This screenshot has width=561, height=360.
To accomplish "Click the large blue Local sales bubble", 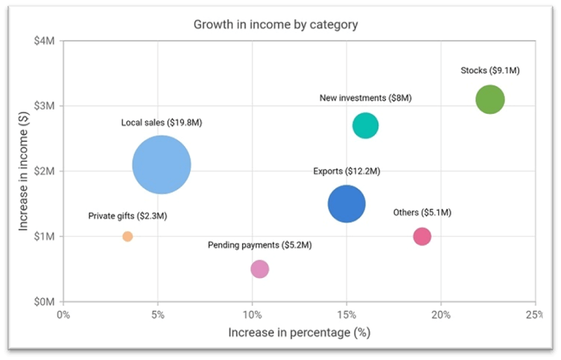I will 162,165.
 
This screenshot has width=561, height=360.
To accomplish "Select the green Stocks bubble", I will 490,99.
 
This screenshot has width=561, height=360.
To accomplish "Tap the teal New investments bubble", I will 365,126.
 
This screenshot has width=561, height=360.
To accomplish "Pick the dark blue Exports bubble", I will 346,204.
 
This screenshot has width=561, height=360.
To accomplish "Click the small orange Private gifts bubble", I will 127,236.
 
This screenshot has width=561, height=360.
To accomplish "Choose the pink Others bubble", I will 422,236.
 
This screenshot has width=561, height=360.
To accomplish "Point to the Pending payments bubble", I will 259,269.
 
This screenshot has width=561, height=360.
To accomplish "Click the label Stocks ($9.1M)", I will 490,71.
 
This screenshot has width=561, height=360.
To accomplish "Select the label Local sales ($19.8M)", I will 162,122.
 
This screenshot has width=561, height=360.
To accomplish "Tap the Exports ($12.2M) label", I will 346,171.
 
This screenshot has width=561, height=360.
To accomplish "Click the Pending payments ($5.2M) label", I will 259,244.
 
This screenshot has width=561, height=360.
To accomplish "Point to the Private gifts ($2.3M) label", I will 127,216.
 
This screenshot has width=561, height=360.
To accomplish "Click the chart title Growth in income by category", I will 276,25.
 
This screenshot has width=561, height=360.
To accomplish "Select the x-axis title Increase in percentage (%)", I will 299,332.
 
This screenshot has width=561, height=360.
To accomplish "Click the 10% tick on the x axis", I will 252,315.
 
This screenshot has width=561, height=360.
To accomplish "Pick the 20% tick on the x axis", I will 441,315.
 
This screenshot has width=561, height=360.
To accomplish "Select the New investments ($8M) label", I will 365,98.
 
